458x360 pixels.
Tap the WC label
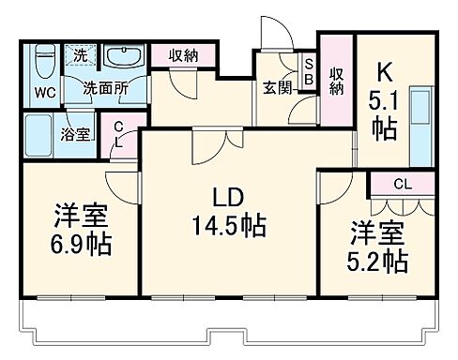pos(45,94)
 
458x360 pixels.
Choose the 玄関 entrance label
pos(277,88)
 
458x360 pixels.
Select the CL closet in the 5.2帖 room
pos(400,184)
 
